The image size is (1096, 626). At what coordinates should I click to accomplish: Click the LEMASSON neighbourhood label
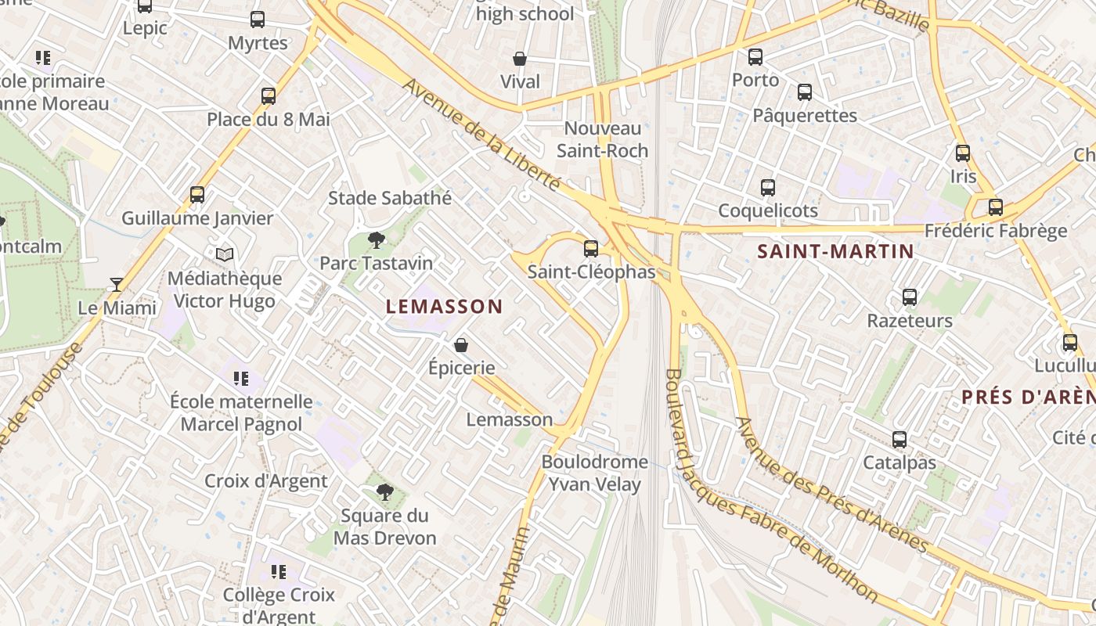click(444, 307)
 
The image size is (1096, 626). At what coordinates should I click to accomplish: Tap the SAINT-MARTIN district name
click(835, 251)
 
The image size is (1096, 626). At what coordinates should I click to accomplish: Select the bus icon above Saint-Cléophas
click(591, 249)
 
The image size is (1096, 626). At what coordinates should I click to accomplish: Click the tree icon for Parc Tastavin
click(377, 239)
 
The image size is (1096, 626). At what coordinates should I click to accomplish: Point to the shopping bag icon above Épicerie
click(462, 344)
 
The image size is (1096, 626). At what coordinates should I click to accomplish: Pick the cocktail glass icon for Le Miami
click(117, 284)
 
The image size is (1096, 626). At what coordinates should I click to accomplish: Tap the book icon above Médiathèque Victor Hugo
click(225, 254)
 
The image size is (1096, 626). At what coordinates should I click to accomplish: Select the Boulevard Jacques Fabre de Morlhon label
click(770, 485)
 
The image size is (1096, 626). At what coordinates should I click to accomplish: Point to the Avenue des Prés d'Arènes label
click(831, 485)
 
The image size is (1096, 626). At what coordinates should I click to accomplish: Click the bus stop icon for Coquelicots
click(768, 188)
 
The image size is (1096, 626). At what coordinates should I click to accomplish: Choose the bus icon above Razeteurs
click(909, 297)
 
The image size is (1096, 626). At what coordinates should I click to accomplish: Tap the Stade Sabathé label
click(390, 198)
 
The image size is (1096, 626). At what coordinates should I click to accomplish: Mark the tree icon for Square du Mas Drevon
click(384, 491)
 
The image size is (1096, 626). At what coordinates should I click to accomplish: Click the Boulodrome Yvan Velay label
click(594, 473)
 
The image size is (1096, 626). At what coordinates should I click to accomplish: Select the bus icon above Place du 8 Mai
click(269, 96)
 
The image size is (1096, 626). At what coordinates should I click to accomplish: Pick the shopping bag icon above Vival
click(520, 59)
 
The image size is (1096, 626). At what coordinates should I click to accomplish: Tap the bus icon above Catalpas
click(900, 440)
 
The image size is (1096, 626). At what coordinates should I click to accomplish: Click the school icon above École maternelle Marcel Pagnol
click(241, 379)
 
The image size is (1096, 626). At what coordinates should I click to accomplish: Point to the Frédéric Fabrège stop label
click(996, 231)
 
